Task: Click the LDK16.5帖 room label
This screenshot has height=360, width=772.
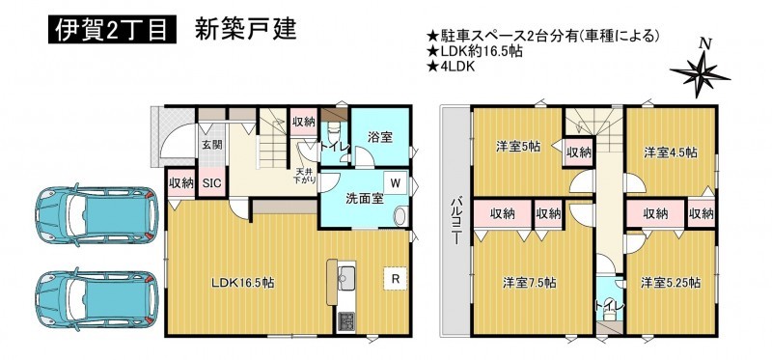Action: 243,283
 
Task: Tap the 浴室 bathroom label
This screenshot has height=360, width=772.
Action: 379,138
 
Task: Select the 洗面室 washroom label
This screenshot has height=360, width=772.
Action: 364,200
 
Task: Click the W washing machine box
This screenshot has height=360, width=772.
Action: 395,183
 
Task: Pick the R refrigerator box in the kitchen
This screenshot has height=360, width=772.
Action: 395,279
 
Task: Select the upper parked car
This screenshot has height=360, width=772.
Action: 97,214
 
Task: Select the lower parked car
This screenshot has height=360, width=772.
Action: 97,299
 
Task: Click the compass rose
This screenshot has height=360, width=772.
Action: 700,74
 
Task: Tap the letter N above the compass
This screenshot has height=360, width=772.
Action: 705,43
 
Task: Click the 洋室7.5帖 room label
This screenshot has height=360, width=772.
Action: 530,283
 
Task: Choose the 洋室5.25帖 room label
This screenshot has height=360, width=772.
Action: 671,283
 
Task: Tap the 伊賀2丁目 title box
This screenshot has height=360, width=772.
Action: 112,30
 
